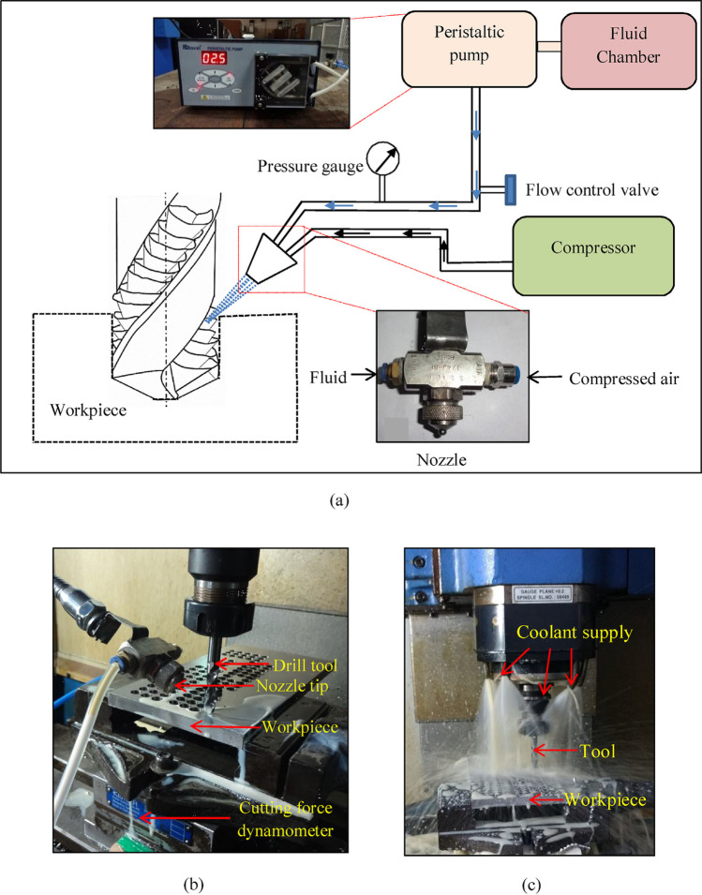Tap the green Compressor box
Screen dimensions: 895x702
tap(593, 249)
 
